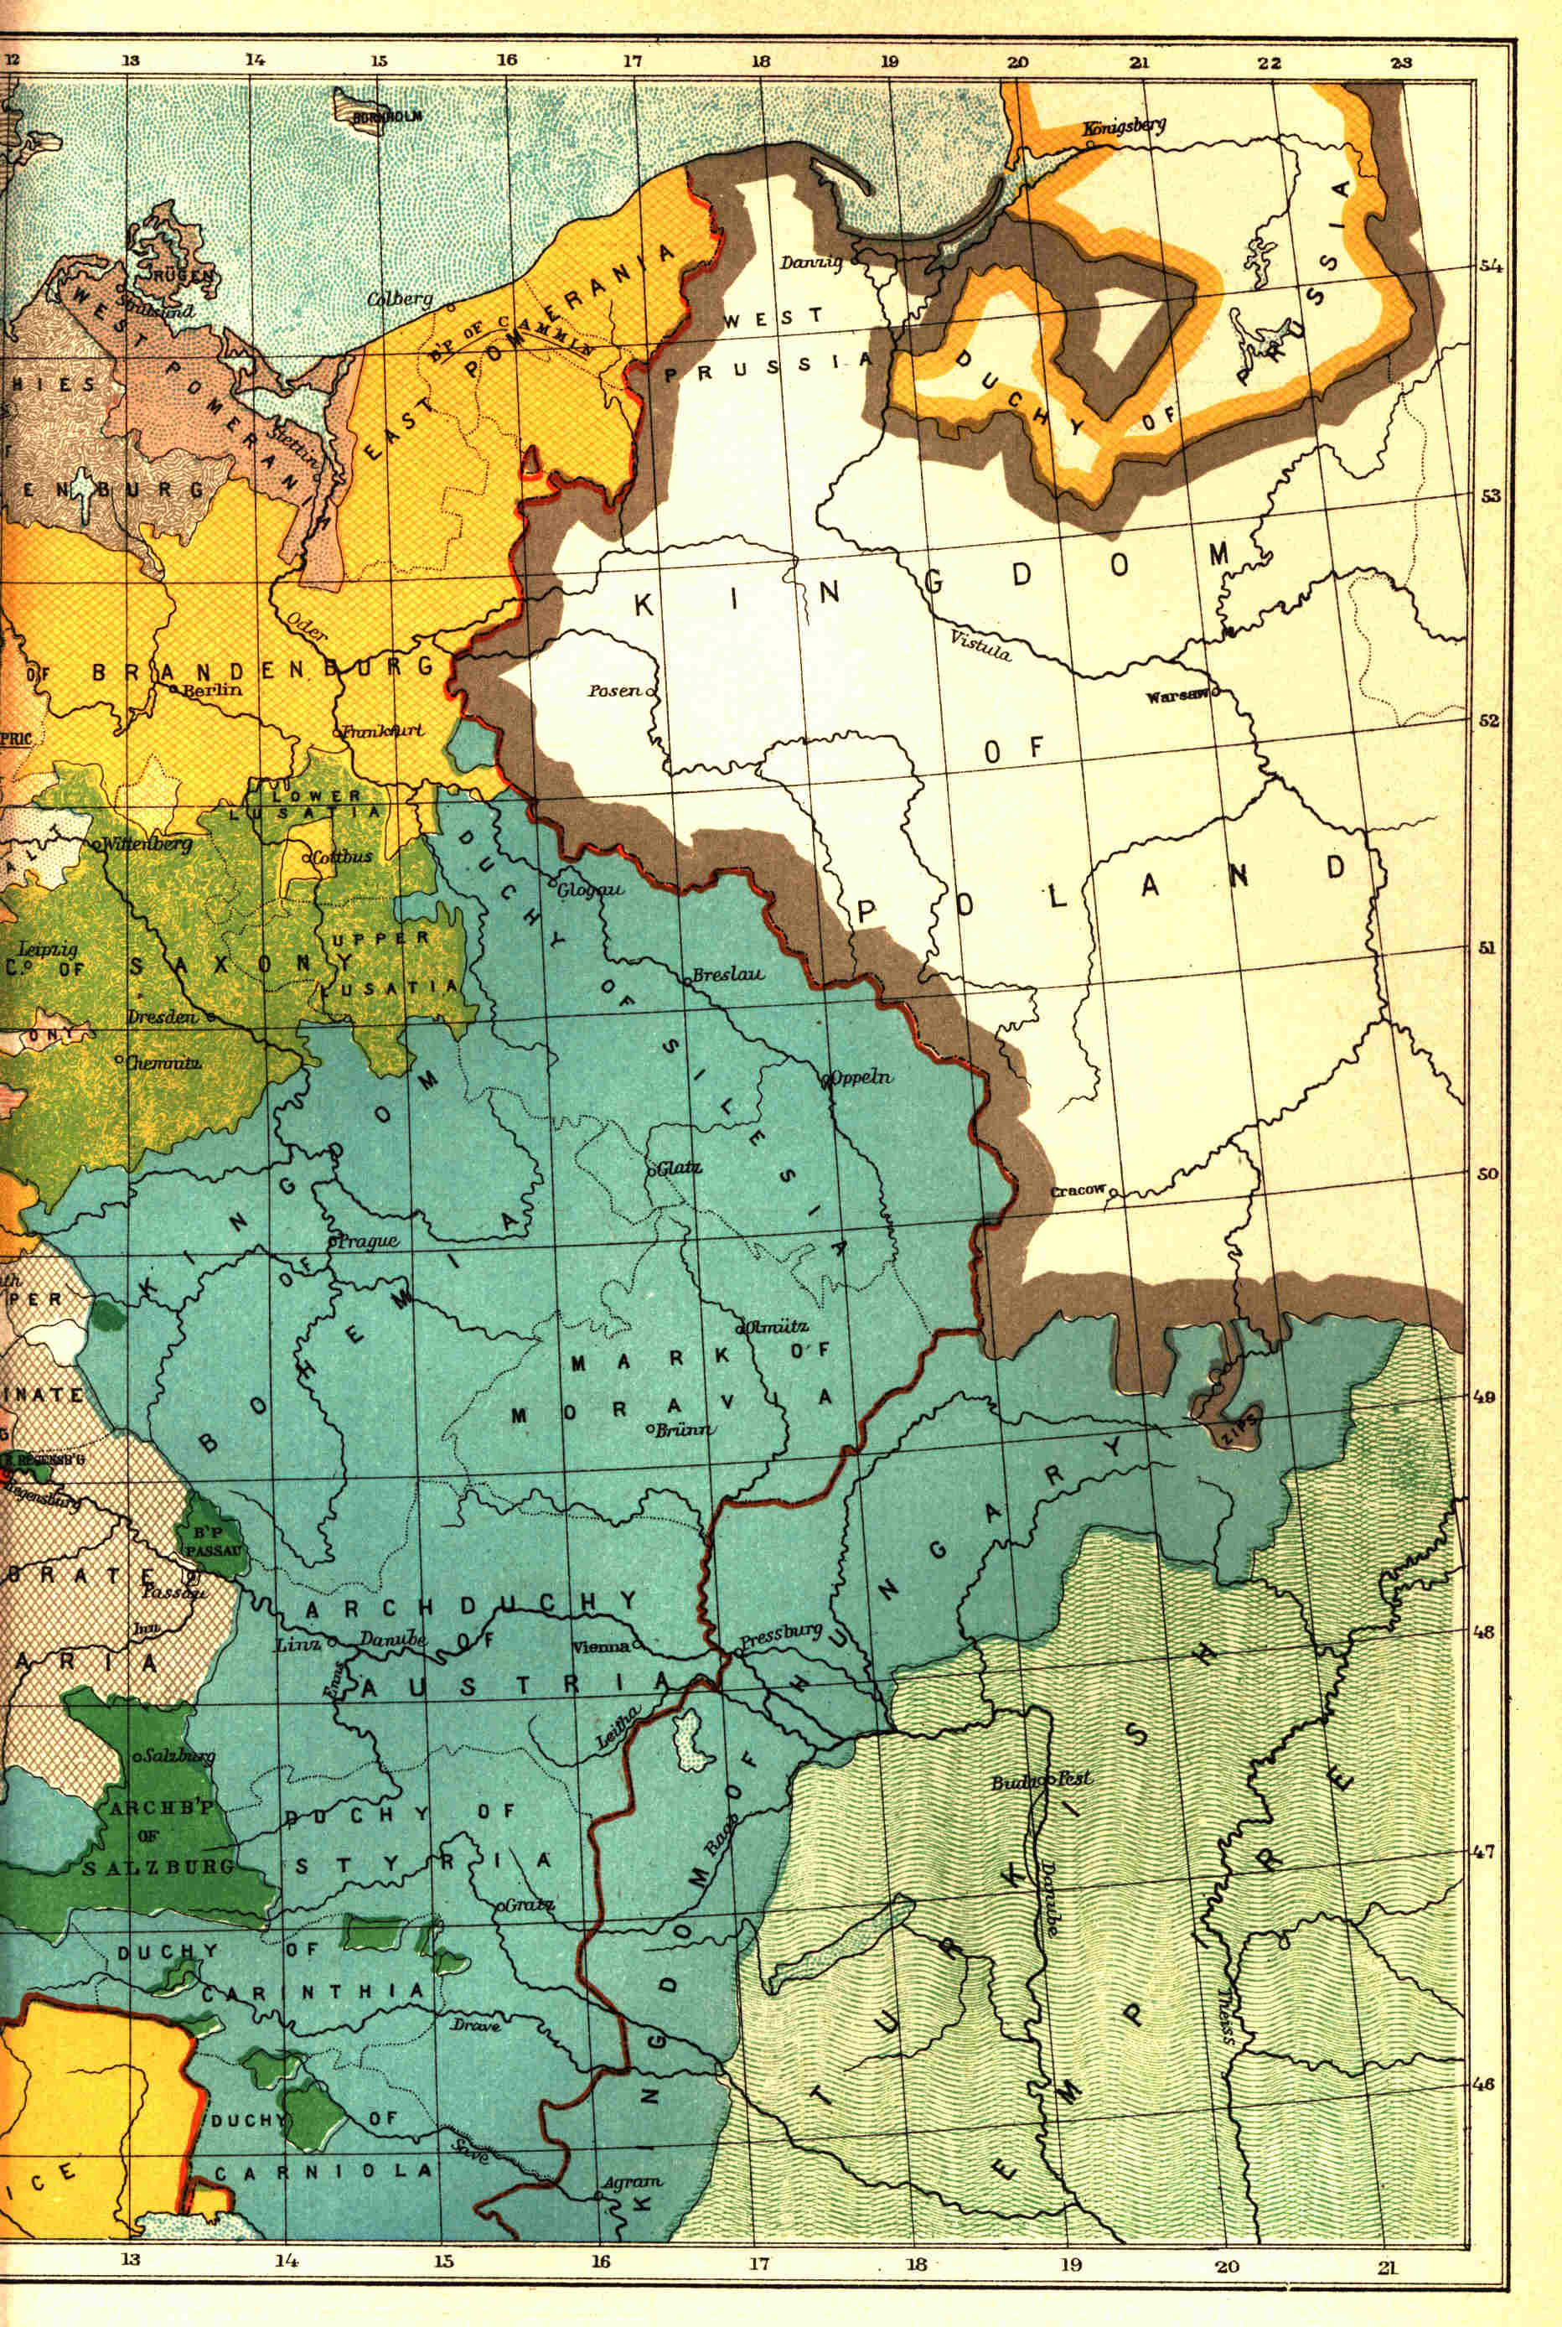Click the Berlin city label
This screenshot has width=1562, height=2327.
pyautogui.click(x=212, y=689)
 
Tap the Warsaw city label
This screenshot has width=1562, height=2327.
pyautogui.click(x=1176, y=697)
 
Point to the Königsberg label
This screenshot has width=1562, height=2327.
pyautogui.click(x=1124, y=127)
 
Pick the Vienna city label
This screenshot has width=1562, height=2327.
pyautogui.click(x=601, y=1645)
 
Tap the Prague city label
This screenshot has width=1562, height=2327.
pyautogui.click(x=370, y=1241)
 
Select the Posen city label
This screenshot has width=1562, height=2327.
pyautogui.click(x=614, y=690)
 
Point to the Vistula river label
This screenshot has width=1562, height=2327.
pyautogui.click(x=980, y=645)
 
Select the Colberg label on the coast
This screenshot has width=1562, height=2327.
pyautogui.click(x=400, y=298)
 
